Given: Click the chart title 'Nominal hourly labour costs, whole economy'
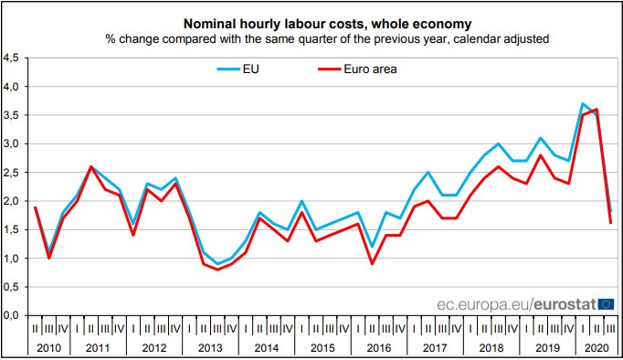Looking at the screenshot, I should (315, 20).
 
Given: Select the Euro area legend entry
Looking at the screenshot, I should (370, 68).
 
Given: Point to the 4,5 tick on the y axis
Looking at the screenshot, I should (11, 58).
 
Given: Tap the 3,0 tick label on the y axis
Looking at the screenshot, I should (11, 143).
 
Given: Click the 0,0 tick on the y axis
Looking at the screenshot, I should (11, 315).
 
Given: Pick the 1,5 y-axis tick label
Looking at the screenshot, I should (11, 229).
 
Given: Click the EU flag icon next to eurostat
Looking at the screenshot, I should (607, 303).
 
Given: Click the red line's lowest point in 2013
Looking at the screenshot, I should (217, 269).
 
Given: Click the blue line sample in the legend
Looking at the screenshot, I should (225, 68).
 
